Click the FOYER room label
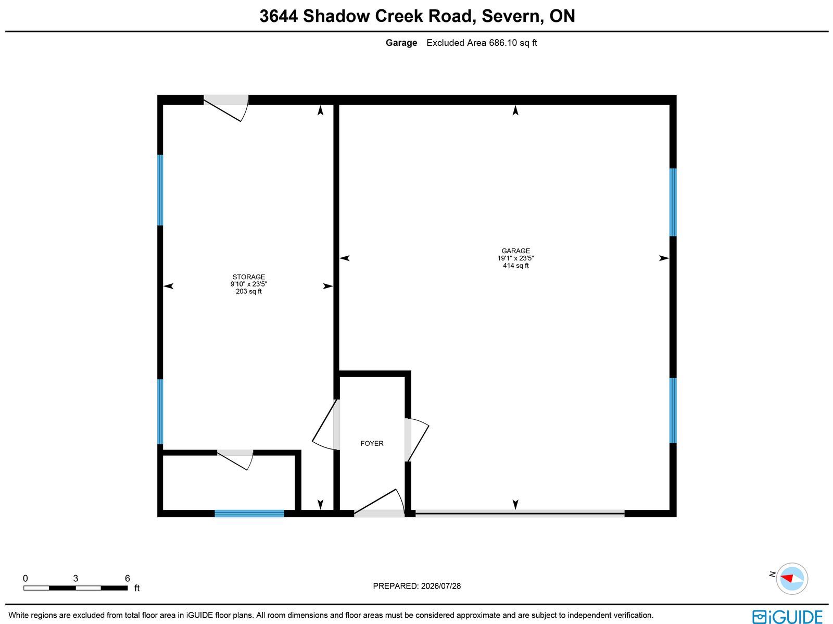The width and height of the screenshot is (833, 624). click(372, 443)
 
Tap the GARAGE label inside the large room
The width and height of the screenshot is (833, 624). click(515, 251)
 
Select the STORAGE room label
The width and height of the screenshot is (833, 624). click(248, 277)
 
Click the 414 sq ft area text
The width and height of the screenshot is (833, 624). click(515, 266)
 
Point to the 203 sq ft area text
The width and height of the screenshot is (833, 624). click(248, 292)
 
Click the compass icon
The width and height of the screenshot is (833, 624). click(792, 579)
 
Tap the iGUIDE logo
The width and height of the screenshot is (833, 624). click(787, 616)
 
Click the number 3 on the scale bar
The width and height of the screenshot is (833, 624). click(75, 578)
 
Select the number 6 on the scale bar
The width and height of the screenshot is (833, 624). click(128, 578)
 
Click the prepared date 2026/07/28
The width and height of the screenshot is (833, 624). click(440, 586)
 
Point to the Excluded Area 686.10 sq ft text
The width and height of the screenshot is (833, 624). click(482, 43)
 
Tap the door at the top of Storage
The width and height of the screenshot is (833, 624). click(226, 108)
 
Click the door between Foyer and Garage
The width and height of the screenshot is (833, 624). click(416, 440)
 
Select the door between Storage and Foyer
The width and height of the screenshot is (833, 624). click(325, 425)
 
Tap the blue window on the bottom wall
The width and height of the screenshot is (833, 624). click(249, 514)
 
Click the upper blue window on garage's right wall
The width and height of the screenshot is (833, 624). click(673, 202)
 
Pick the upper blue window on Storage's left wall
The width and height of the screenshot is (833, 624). click(160, 190)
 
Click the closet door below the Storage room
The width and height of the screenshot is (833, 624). click(235, 460)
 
